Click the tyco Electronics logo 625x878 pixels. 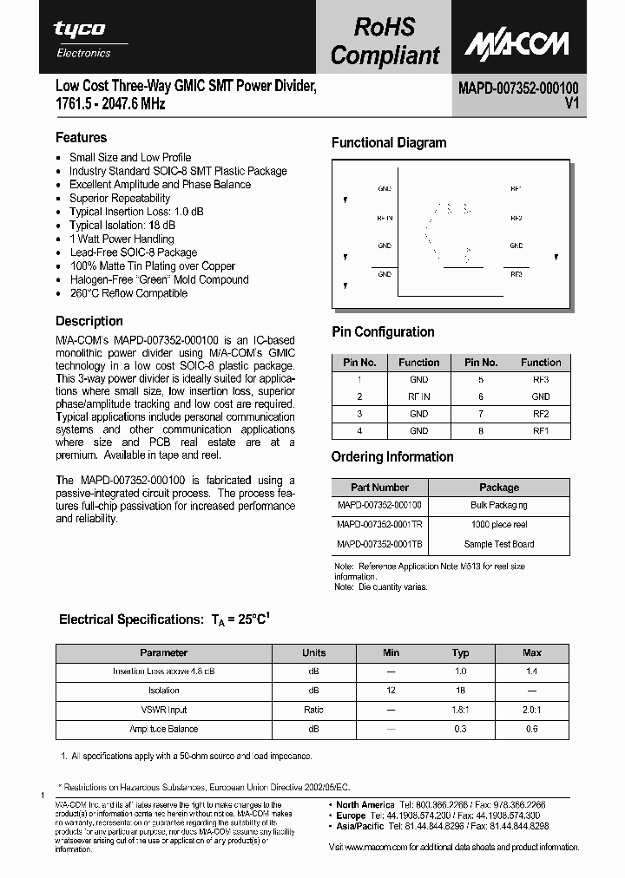coord(83,38)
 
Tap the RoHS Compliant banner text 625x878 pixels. coord(385,41)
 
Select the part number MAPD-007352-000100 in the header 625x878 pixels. coord(518,88)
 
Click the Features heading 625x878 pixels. coord(81,137)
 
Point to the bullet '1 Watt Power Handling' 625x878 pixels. coord(122,239)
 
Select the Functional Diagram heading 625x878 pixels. coord(389,143)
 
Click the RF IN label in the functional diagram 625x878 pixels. coord(385,218)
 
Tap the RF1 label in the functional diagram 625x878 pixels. coord(516,188)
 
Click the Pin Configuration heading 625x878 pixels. coord(383,332)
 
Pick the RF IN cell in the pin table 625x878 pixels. coord(418,396)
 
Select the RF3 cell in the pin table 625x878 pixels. coord(541,380)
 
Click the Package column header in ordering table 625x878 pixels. coord(499,488)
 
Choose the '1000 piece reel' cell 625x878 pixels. coord(499,525)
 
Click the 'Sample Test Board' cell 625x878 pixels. coord(499,545)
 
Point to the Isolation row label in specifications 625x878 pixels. coord(163,691)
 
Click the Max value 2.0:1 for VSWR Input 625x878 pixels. coord(532,710)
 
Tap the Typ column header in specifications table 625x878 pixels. coord(460,653)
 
